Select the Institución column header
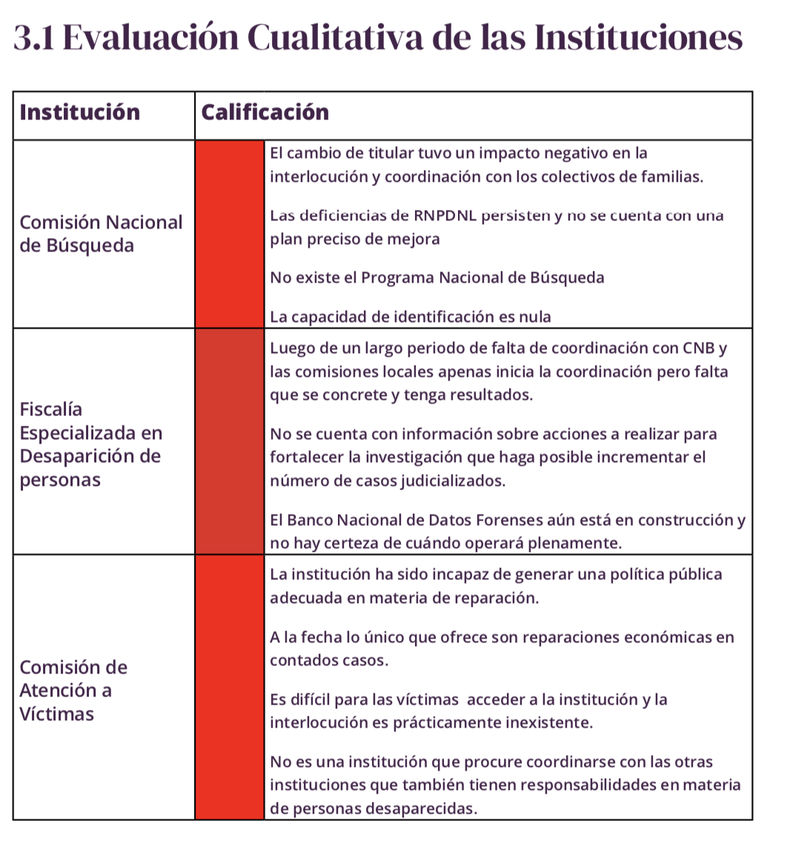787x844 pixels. click(x=79, y=113)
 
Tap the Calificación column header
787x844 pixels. click(x=265, y=113)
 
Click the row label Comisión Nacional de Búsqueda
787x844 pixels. click(x=101, y=234)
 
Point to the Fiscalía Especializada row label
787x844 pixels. click(x=90, y=444)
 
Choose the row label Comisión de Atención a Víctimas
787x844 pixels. click(x=73, y=690)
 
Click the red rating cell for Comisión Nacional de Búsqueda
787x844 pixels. click(x=230, y=234)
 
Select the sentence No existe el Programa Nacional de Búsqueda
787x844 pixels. click(x=437, y=278)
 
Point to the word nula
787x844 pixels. click(x=535, y=317)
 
